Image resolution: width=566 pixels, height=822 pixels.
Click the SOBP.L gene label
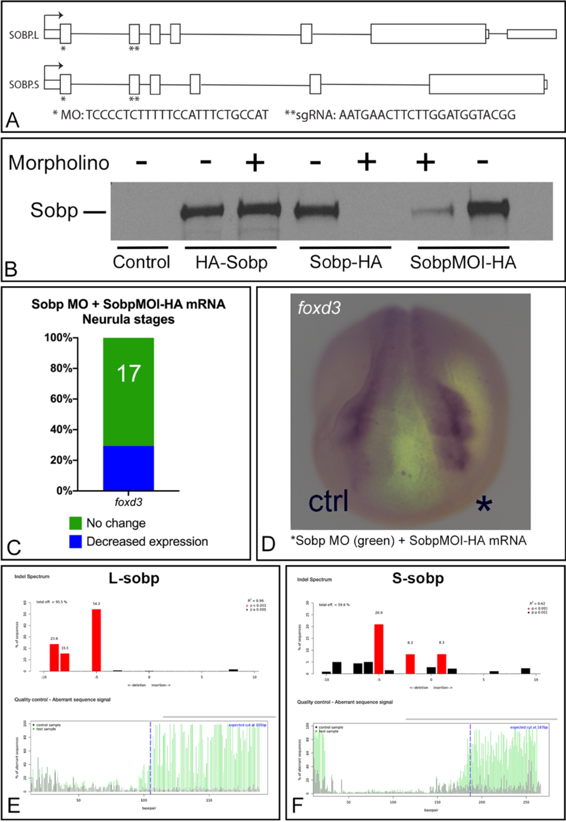point(24,35)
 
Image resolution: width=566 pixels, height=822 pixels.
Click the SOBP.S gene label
point(24,85)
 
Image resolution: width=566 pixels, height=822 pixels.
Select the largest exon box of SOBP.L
point(428,34)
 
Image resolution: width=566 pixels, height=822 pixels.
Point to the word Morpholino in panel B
point(59,163)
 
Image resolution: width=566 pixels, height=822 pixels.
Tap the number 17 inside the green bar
point(128,373)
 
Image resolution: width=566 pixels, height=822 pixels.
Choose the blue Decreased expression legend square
point(75,542)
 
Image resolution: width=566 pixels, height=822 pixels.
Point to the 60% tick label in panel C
point(61,399)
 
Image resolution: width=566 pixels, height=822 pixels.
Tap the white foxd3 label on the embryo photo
point(319,308)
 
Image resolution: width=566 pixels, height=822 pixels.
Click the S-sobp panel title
point(418,579)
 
